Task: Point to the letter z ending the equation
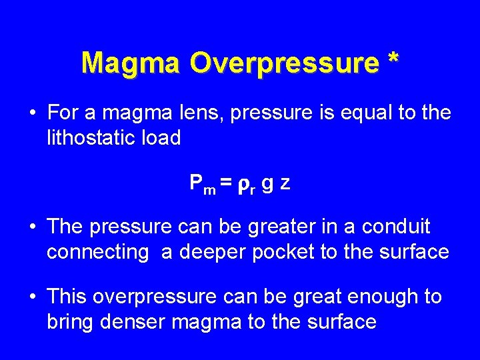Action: point(285,184)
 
